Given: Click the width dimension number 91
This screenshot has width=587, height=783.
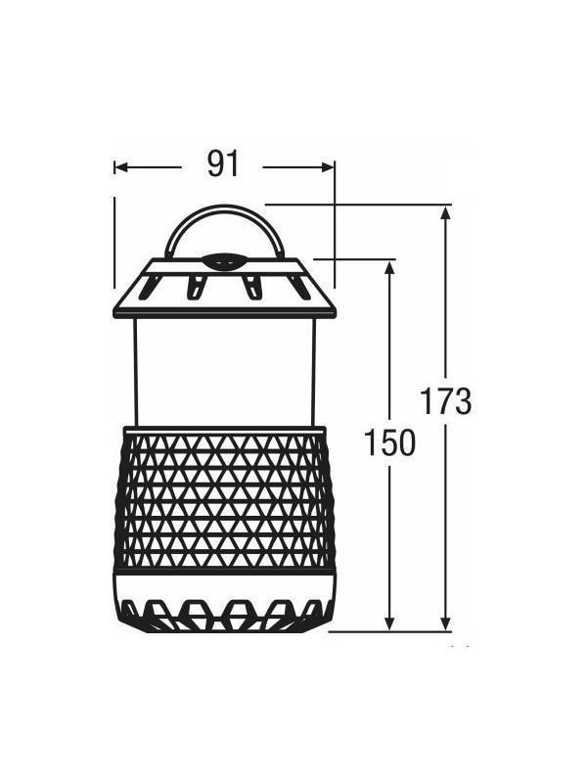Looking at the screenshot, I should tap(223, 164).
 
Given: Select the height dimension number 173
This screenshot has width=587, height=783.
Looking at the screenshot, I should tap(446, 401).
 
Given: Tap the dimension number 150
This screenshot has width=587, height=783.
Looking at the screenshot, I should tap(389, 443).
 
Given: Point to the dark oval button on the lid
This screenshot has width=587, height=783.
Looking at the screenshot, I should tap(224, 261).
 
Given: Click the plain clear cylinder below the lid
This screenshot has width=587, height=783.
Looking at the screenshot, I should tap(225, 372).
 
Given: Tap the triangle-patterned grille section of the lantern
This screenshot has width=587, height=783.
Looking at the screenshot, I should tap(225, 499).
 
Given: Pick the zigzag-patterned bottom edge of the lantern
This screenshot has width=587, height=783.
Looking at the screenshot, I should tap(225, 617).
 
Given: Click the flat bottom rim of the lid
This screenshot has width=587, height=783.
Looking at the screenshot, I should tap(225, 312).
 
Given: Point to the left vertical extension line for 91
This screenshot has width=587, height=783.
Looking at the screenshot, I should tap(114, 240).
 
